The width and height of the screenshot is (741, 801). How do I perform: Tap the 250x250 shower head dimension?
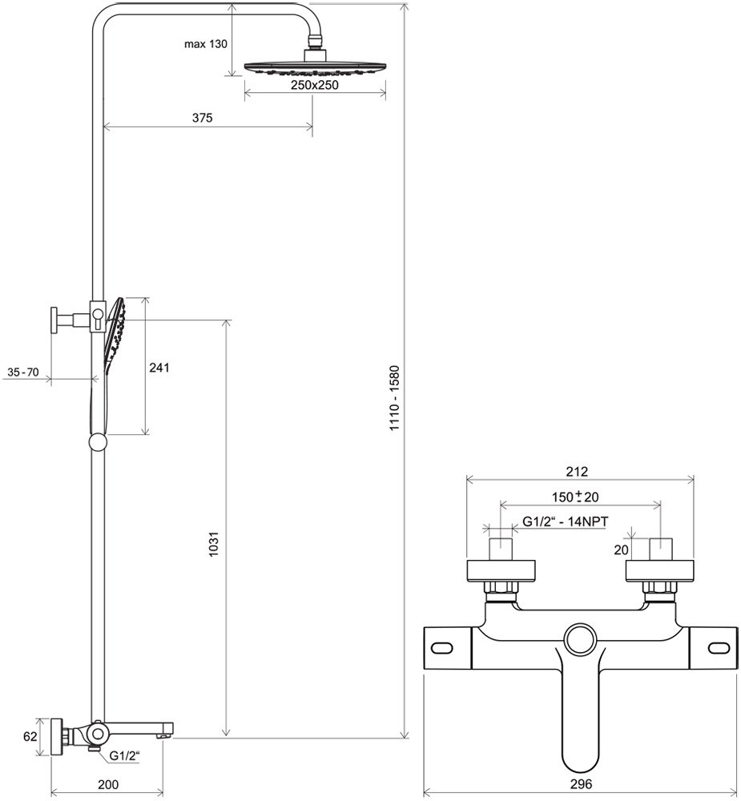click(x=314, y=85)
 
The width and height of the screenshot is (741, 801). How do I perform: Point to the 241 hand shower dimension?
click(x=161, y=368)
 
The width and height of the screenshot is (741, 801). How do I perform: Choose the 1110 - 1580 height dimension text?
click(x=394, y=400)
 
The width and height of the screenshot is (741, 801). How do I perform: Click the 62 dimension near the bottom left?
click(x=30, y=738)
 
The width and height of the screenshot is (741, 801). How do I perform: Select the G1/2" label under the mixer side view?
click(x=125, y=755)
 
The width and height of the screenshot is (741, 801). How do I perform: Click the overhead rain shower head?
click(x=316, y=68)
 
